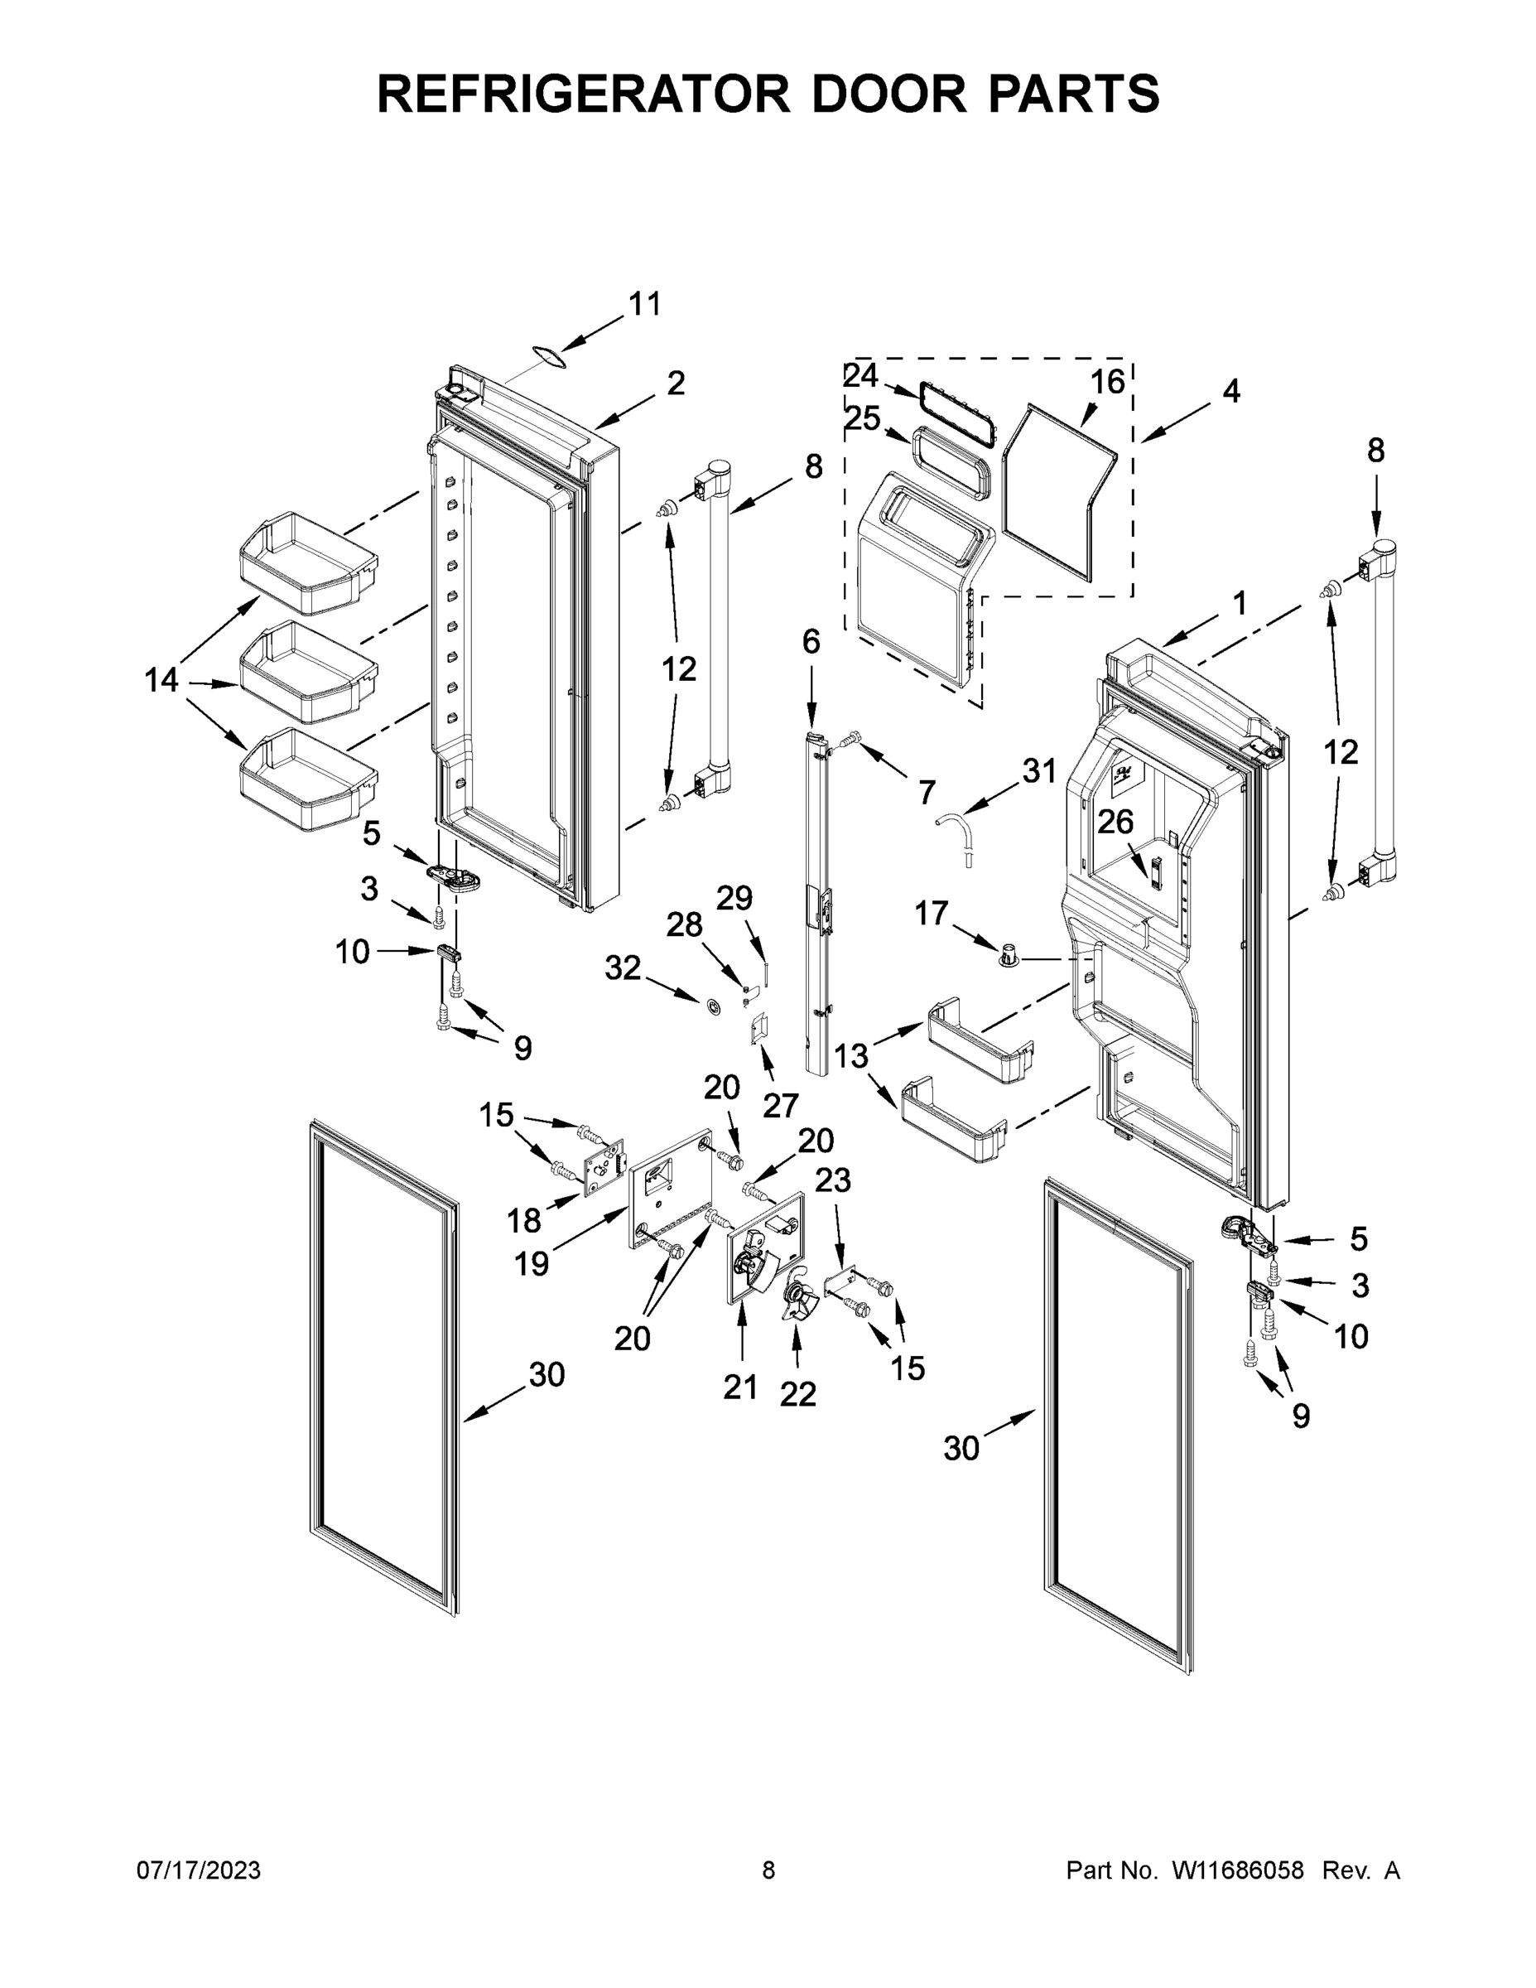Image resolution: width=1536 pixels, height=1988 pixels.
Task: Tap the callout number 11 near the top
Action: click(644, 304)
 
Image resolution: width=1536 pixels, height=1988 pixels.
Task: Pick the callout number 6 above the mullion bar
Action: click(811, 642)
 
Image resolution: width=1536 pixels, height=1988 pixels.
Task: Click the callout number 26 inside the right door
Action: click(1115, 822)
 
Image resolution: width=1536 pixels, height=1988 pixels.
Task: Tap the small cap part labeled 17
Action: click(1009, 955)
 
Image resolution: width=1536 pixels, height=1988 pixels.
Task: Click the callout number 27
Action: click(780, 1105)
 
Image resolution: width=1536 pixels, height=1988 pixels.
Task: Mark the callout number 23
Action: click(833, 1180)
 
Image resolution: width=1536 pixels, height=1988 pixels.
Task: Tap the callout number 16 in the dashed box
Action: click(1106, 381)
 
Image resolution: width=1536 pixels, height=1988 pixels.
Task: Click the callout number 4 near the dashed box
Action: click(1230, 392)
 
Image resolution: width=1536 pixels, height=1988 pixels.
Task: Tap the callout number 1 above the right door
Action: click(1239, 601)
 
